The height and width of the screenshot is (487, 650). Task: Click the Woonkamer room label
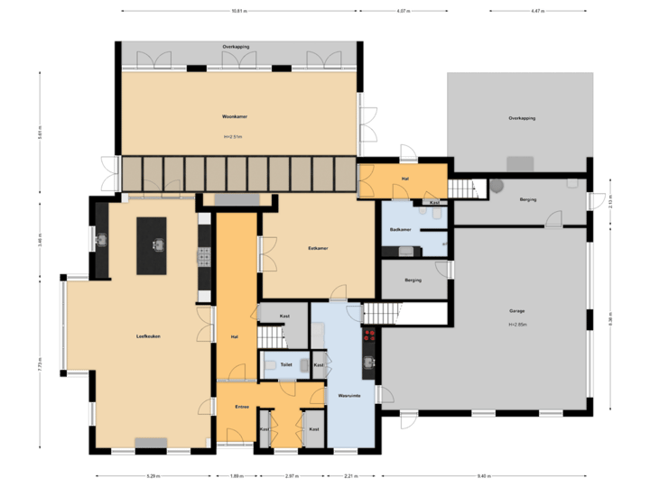coord(236,117)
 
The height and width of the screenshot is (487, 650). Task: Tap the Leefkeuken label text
coord(148,336)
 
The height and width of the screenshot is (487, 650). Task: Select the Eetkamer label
coord(317,247)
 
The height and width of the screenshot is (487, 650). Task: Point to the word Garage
coord(516,311)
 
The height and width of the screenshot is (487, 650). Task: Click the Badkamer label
coord(401,229)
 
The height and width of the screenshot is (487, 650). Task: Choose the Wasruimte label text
coord(349,395)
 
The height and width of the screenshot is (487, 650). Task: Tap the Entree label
coord(242,407)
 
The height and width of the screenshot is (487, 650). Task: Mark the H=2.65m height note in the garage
coord(516,325)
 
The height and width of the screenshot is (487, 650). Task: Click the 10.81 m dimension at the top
coord(237,12)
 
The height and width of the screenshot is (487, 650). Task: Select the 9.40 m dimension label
coord(483,475)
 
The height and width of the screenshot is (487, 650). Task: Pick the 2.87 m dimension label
coord(291,475)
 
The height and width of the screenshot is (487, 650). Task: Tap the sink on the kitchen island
coord(159,243)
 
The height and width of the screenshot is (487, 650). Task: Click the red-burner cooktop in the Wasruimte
coord(368,335)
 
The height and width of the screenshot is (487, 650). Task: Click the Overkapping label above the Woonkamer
coord(236,46)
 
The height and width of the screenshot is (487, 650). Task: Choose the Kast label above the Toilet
coord(284,317)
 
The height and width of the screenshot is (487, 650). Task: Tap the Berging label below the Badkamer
coord(413,280)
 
